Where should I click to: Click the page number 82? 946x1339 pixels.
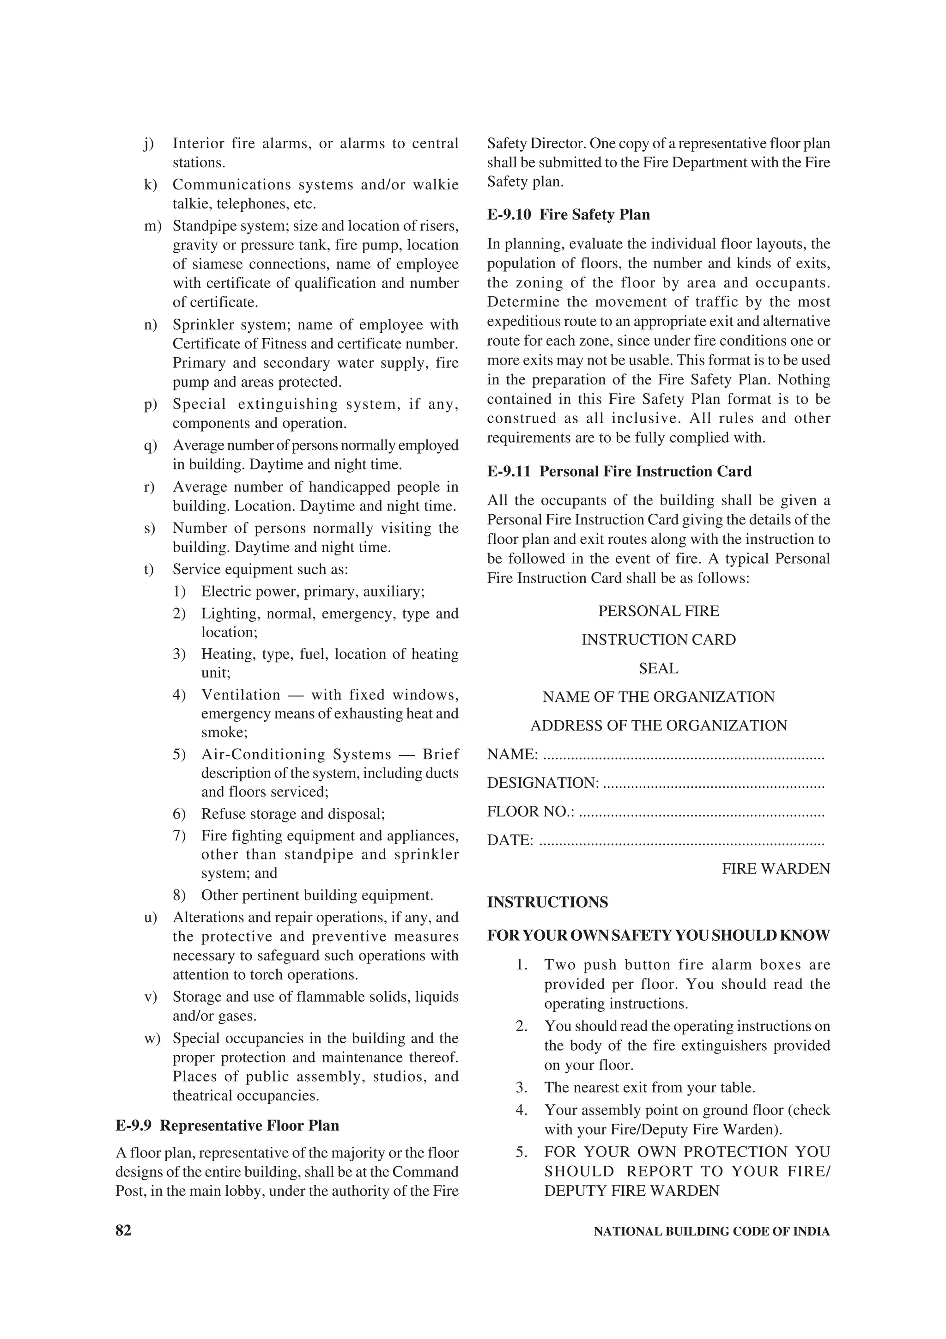124,1230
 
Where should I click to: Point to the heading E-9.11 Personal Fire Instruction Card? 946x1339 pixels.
619,471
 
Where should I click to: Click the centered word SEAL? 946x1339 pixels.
659,668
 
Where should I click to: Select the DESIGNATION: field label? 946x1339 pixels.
543,783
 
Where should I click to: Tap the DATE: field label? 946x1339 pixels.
510,840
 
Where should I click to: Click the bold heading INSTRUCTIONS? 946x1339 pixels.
547,902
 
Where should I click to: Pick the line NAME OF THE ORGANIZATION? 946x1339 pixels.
659,697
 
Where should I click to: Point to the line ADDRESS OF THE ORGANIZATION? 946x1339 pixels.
659,725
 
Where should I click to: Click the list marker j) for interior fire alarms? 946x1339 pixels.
149,143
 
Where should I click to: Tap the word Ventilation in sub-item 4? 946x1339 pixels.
241,694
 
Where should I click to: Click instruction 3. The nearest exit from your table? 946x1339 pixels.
649,1088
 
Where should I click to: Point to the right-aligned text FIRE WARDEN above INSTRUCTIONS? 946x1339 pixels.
775,869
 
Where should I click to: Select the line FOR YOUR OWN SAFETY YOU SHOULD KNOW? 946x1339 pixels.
659,936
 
